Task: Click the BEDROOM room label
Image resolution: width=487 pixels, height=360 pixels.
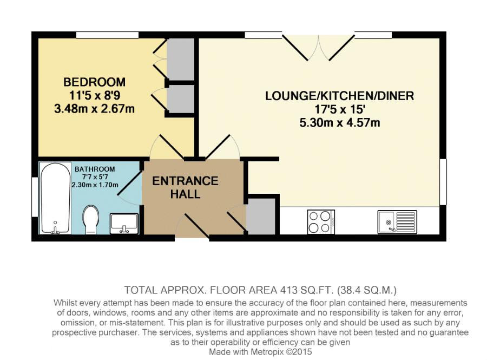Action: tap(94, 82)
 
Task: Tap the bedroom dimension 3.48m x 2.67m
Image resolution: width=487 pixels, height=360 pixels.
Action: tap(94, 109)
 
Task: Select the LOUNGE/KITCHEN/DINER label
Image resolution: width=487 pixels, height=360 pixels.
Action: tap(339, 96)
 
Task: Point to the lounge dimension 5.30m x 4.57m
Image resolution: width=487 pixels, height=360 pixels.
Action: tap(339, 123)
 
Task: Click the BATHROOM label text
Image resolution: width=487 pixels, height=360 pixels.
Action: tap(95, 169)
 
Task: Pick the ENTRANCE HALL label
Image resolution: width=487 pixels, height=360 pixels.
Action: tap(185, 187)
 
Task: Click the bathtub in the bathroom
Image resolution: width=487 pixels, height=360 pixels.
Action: tap(55, 198)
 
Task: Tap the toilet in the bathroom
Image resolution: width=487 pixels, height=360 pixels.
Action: tap(91, 219)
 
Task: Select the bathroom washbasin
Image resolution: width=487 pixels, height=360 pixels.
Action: tap(124, 224)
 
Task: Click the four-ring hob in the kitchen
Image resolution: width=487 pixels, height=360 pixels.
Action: tap(321, 222)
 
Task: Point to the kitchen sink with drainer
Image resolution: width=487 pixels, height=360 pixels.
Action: tap(397, 222)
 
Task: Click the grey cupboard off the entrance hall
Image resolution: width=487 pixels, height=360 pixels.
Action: tap(261, 217)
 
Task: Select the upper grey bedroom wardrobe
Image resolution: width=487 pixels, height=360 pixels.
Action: tap(181, 58)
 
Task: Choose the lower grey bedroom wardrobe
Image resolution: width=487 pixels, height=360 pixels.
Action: tap(181, 100)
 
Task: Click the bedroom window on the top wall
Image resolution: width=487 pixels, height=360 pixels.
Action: tap(108, 35)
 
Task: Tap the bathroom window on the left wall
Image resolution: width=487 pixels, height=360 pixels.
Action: tap(35, 197)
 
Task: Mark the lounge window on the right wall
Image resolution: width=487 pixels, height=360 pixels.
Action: tap(443, 182)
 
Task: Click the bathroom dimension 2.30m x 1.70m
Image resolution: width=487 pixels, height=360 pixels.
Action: tap(95, 185)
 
